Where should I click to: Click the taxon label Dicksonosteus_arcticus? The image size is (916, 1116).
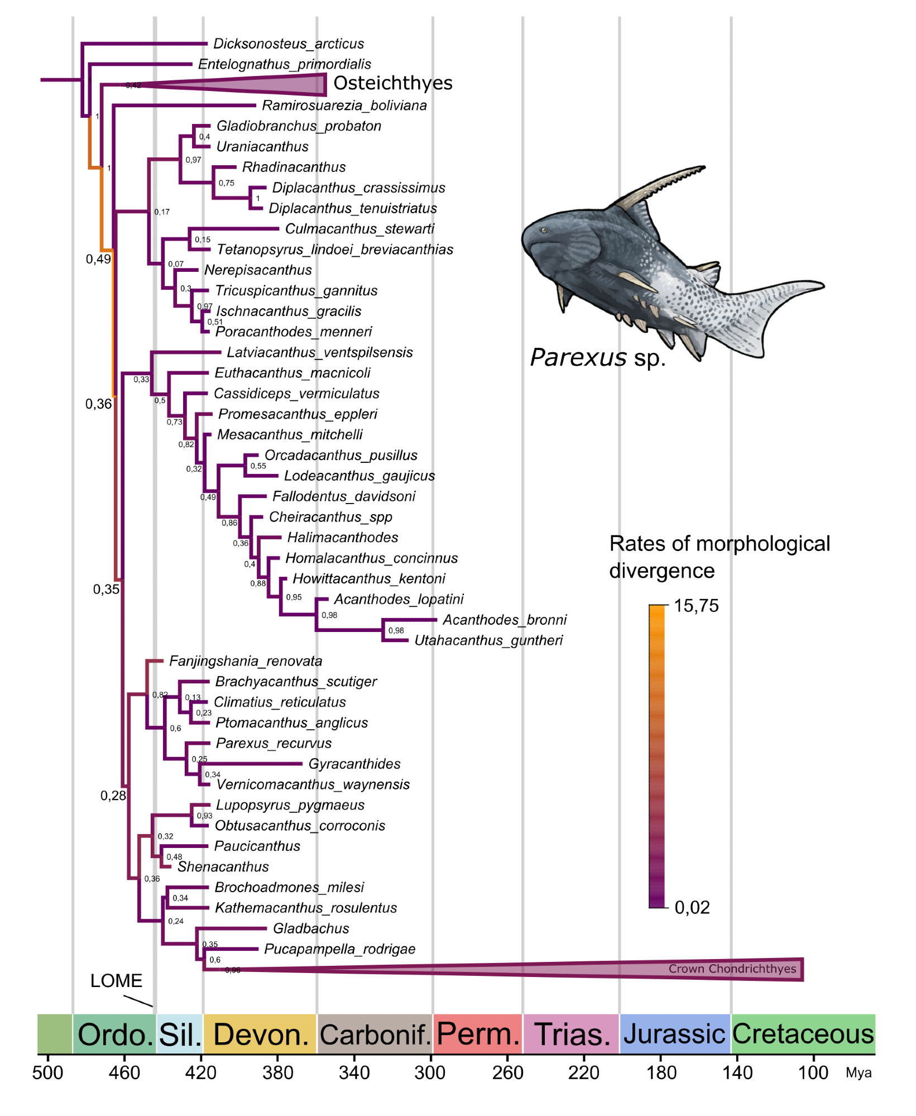(288, 44)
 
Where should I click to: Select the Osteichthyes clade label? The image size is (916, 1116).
(392, 83)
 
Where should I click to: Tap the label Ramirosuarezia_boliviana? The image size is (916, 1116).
(344, 106)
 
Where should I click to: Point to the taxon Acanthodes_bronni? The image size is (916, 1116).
(504, 620)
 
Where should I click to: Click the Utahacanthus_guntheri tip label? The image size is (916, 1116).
(488, 640)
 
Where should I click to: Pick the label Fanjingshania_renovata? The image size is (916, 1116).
(245, 661)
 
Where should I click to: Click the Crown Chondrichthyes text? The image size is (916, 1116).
(732, 969)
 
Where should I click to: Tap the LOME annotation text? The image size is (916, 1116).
(116, 981)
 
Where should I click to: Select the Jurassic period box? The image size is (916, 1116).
(674, 1034)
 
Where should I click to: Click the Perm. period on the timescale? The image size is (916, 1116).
(478, 1034)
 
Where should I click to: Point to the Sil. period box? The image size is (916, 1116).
(179, 1034)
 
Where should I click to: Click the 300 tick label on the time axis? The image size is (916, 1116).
(430, 1072)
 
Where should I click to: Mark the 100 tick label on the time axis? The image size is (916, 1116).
(813, 1072)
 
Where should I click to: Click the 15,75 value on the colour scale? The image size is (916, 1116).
(696, 606)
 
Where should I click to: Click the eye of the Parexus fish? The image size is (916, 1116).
(544, 230)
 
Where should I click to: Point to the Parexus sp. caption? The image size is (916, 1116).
(597, 358)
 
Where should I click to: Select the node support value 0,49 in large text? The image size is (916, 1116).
(98, 259)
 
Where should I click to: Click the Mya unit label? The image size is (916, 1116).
(858, 1072)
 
